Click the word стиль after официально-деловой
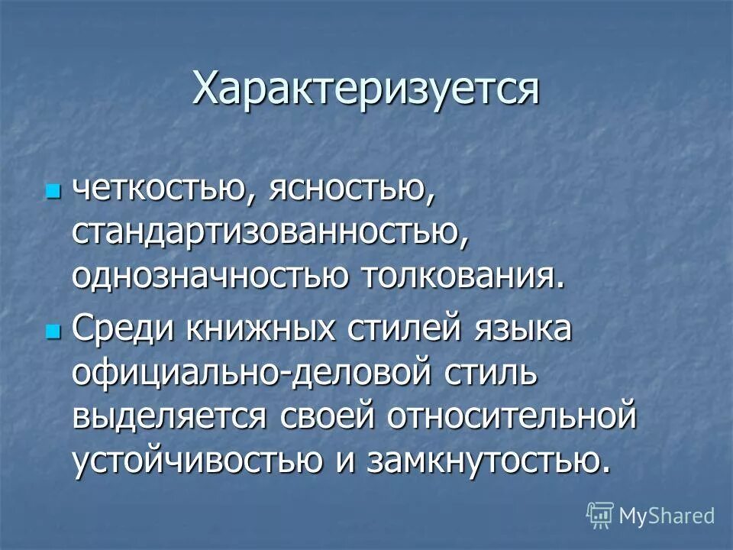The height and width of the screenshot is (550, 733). (474, 374)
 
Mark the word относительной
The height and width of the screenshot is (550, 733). (512, 417)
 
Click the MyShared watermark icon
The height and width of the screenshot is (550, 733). (599, 515)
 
